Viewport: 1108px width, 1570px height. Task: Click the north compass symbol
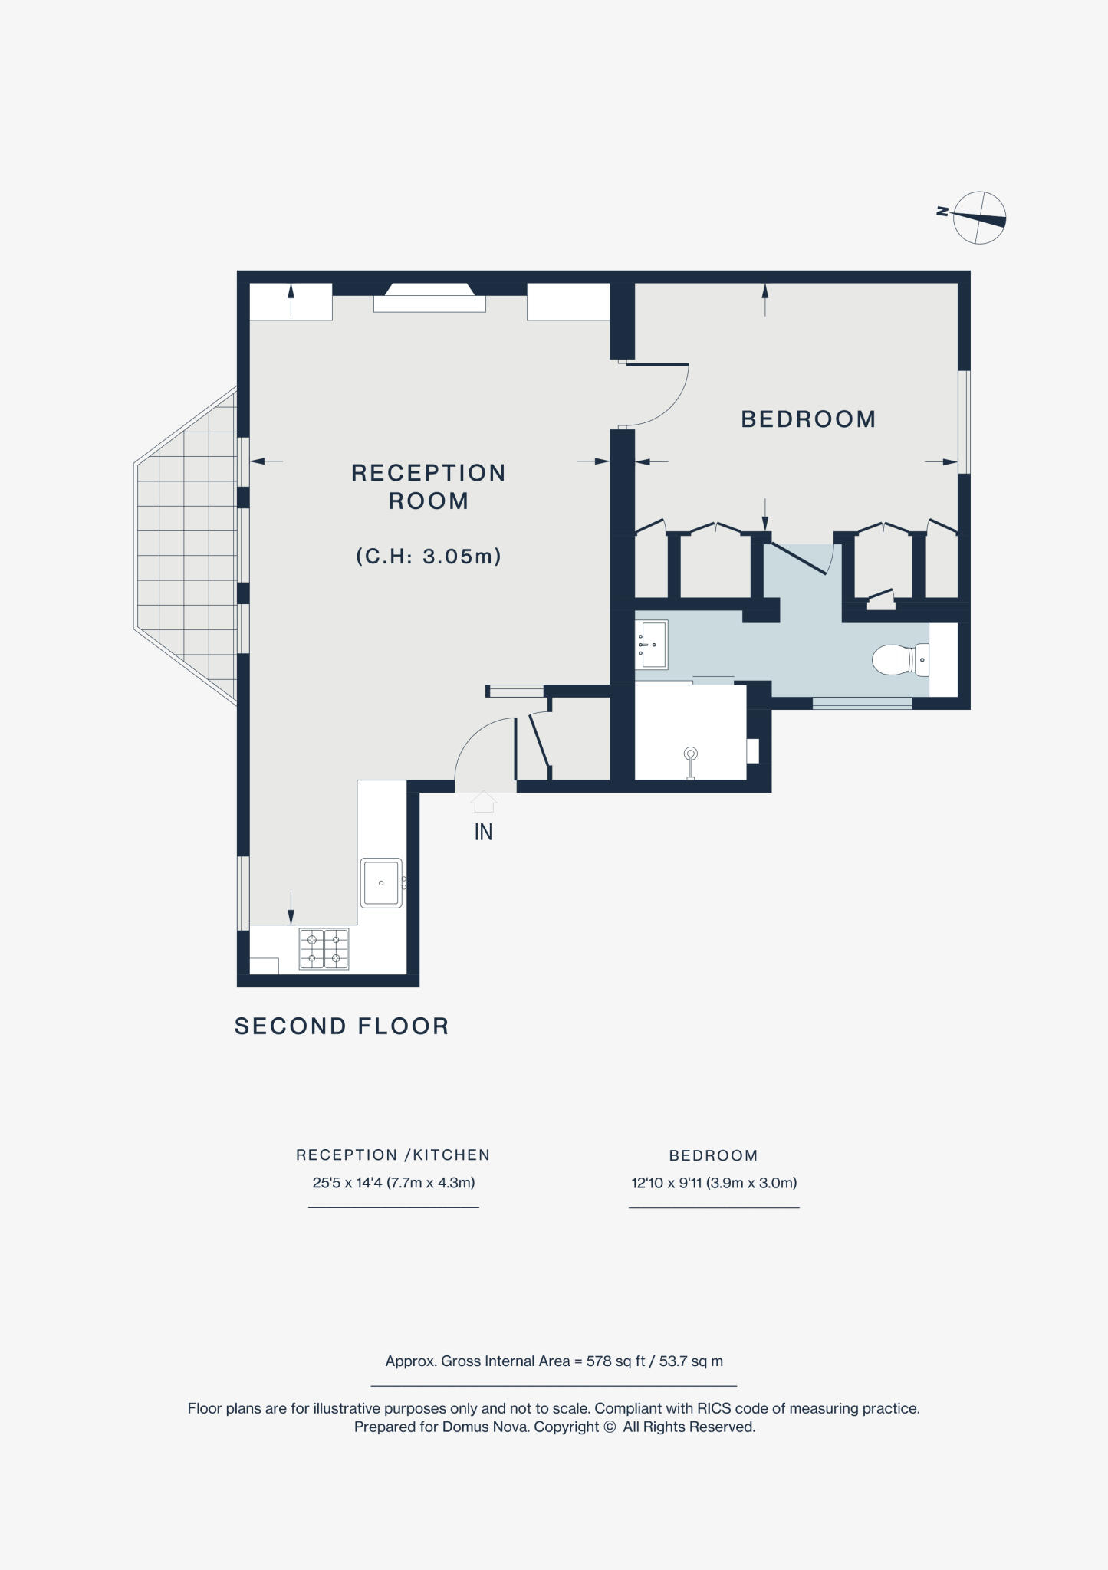coord(978,218)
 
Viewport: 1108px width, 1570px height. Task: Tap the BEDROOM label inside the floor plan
coord(808,419)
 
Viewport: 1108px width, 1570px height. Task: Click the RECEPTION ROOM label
coord(428,487)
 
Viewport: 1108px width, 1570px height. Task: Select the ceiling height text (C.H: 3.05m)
coord(429,556)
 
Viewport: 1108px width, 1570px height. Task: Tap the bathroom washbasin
coord(653,644)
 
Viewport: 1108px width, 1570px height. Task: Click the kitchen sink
coord(381,883)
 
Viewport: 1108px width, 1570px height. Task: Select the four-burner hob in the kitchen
coord(324,948)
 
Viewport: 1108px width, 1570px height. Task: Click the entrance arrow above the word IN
coord(483,802)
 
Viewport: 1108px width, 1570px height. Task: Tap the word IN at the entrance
coord(483,833)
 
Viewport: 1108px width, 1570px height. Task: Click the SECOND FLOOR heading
coord(341,1026)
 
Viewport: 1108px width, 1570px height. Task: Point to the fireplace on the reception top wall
coord(429,298)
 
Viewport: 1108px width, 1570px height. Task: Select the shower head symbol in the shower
coord(691,755)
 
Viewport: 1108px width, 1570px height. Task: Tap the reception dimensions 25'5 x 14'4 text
coord(393,1183)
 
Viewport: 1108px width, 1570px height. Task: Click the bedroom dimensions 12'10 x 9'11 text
coord(714,1183)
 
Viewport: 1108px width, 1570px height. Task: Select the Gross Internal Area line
coord(554,1361)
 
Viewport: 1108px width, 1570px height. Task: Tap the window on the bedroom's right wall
coord(965,422)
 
